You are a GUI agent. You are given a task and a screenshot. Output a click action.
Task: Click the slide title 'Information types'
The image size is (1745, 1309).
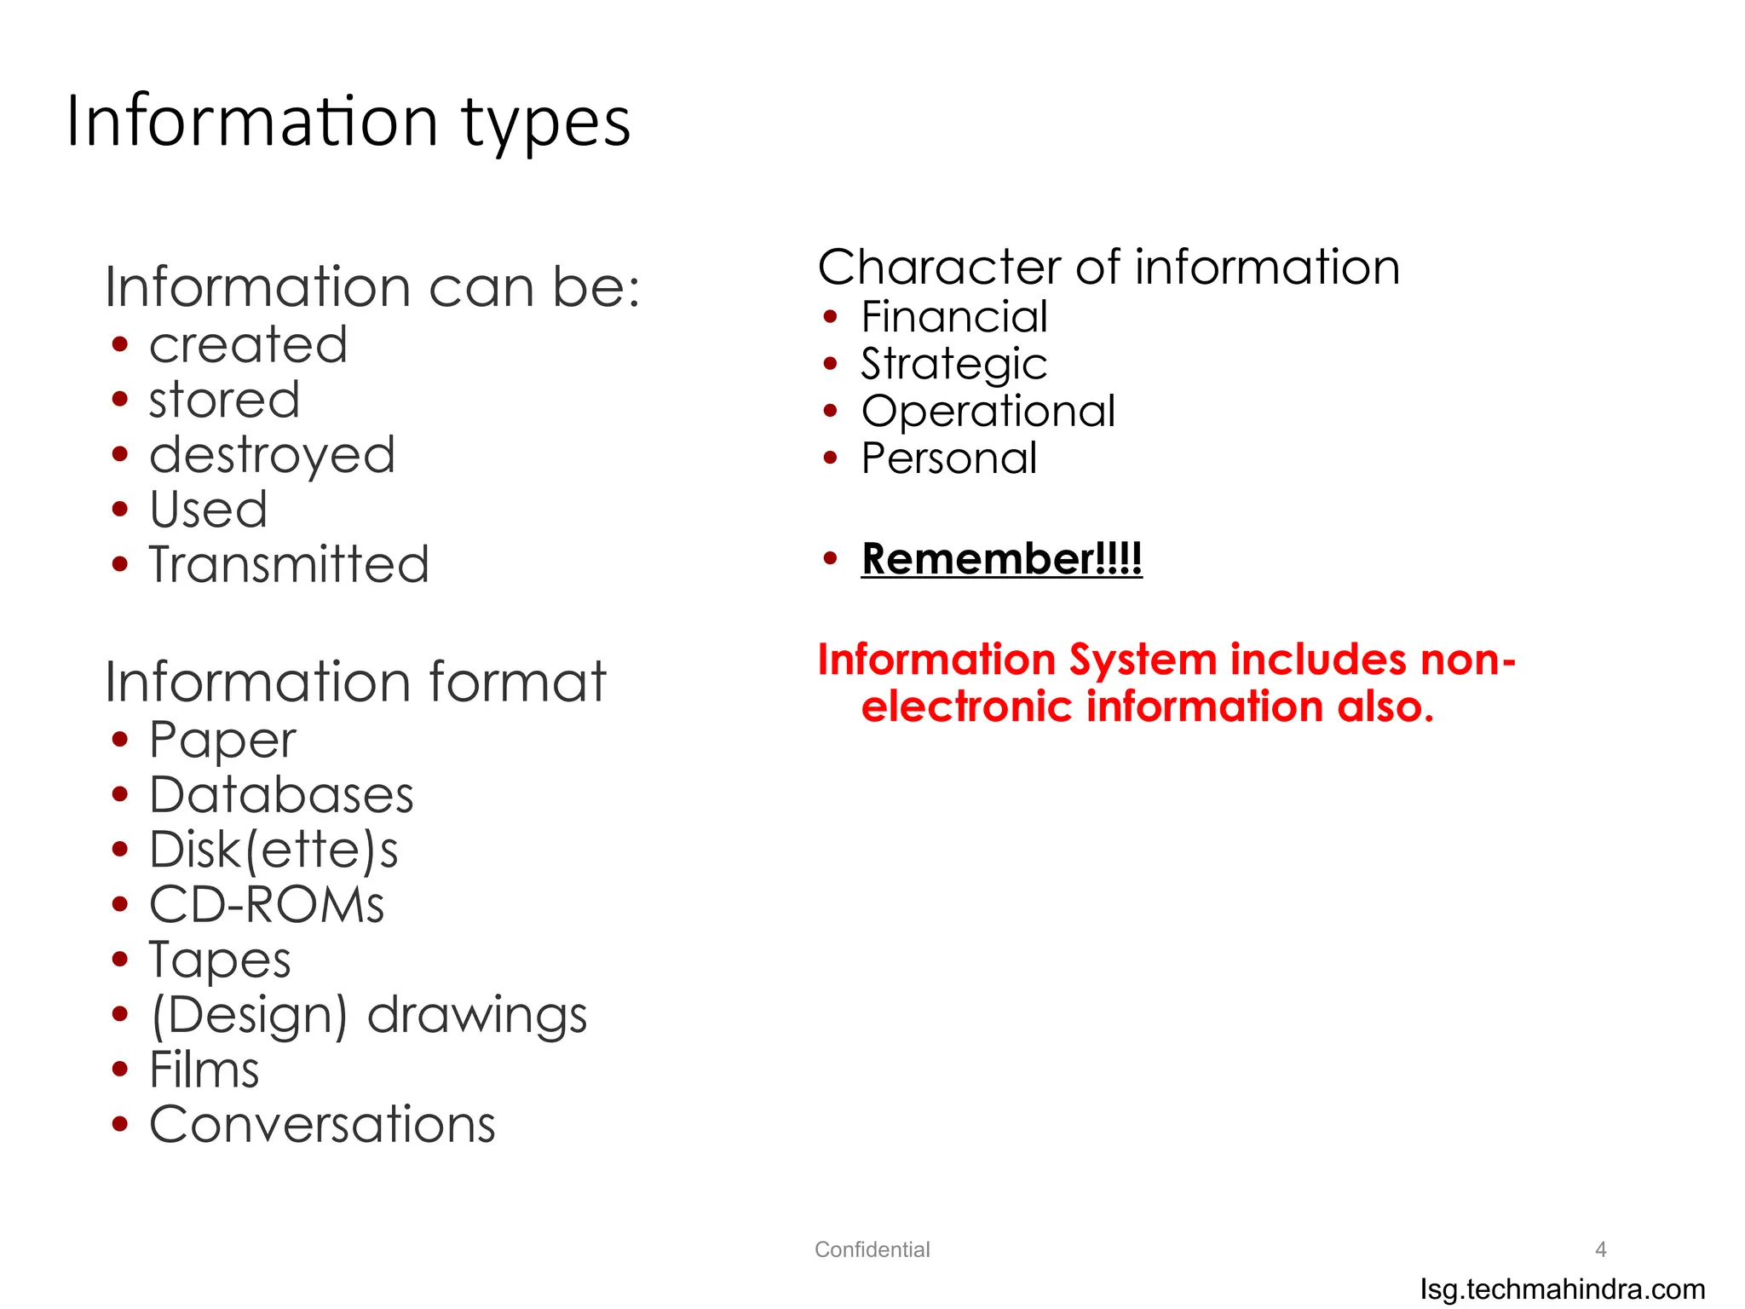click(348, 122)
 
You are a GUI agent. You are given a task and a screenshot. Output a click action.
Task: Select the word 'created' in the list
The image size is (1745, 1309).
click(248, 345)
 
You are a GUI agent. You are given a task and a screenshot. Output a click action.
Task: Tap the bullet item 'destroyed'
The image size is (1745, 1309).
click(272, 455)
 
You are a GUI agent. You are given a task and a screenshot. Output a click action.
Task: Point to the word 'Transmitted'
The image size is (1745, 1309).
click(289, 564)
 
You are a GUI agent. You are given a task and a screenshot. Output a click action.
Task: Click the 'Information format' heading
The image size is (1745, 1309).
click(355, 682)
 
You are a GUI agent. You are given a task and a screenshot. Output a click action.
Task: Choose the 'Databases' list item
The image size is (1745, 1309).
click(281, 795)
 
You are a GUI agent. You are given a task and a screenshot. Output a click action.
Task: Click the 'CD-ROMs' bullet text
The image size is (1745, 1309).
click(267, 904)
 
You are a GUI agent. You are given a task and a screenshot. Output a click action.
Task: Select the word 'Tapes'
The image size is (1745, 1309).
click(220, 960)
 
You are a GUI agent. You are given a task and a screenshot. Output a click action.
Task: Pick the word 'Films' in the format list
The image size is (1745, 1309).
click(204, 1070)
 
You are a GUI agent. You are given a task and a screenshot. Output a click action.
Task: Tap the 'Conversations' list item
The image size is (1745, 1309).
click(322, 1124)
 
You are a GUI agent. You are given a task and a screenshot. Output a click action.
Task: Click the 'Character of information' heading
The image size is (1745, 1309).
click(1109, 268)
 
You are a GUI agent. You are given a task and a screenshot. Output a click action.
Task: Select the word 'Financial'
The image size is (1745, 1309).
click(954, 317)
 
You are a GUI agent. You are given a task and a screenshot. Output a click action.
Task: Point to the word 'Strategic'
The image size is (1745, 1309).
click(953, 365)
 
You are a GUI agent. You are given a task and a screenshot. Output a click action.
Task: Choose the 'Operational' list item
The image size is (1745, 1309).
click(988, 412)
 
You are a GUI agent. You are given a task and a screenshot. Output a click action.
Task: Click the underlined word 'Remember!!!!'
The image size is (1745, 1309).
click(1001, 559)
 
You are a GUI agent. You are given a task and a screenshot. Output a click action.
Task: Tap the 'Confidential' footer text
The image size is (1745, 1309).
click(872, 1249)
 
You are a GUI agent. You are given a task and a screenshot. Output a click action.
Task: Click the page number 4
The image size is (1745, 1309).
click(1600, 1249)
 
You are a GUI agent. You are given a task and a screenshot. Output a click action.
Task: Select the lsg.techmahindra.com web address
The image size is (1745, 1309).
click(1563, 1289)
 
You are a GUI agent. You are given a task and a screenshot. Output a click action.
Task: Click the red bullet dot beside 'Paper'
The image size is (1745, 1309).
click(120, 740)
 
